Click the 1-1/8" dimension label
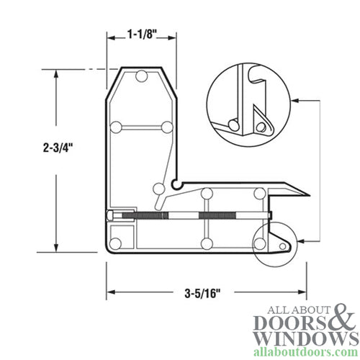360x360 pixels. click(x=141, y=33)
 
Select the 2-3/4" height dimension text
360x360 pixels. click(x=58, y=146)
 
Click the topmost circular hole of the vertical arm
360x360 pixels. click(x=142, y=76)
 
